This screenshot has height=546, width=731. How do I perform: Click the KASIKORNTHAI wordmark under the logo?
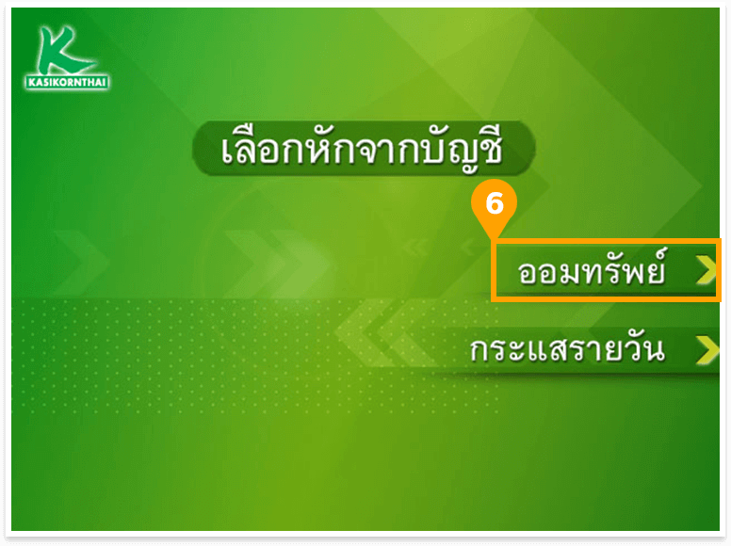(68, 83)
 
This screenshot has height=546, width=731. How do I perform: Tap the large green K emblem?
(63, 50)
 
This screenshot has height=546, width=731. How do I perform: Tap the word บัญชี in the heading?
(455, 149)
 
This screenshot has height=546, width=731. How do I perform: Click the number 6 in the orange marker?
(495, 203)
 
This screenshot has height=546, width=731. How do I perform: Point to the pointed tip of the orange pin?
(494, 238)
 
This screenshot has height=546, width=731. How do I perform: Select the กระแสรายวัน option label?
(567, 349)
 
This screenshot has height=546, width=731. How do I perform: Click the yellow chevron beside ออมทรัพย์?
(707, 270)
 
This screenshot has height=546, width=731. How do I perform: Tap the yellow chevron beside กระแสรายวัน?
(707, 350)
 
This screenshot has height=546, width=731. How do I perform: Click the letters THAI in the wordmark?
(94, 83)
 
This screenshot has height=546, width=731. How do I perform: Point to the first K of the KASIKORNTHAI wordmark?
(32, 83)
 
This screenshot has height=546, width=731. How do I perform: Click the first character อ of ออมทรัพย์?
(528, 274)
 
